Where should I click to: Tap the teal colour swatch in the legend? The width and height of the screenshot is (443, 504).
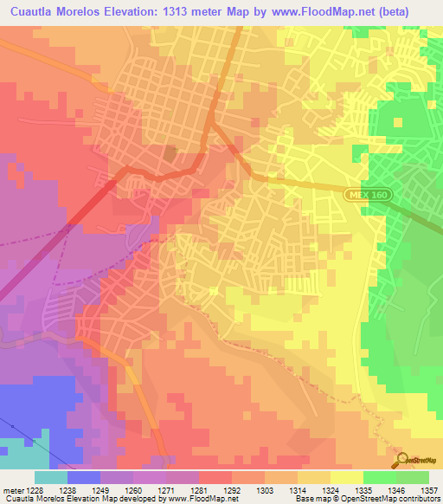[x=51, y=476]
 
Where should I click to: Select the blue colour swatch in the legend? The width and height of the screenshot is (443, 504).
[x=84, y=476]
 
